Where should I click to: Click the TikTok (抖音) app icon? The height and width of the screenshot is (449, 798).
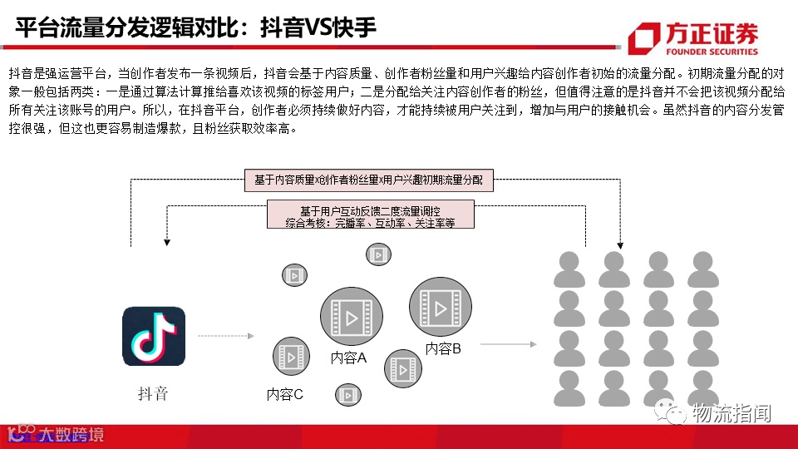(154, 338)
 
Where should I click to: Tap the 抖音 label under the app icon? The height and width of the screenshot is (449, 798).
(153, 393)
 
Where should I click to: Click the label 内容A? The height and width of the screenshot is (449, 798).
(348, 358)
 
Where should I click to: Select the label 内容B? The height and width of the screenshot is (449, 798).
(443, 349)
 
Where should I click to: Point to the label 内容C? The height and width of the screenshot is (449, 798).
(285, 395)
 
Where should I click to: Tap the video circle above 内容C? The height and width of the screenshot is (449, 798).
(291, 356)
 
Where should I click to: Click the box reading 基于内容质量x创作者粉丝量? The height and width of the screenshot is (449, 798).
(368, 180)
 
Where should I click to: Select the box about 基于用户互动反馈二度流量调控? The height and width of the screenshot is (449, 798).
(370, 215)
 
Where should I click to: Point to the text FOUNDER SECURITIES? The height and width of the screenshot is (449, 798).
(712, 50)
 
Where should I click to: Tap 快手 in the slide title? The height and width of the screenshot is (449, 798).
(356, 28)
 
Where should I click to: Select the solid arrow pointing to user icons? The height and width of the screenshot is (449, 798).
(508, 343)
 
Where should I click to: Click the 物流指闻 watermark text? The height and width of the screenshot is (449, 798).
(731, 412)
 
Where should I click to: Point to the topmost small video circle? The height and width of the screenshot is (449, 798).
(378, 254)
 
